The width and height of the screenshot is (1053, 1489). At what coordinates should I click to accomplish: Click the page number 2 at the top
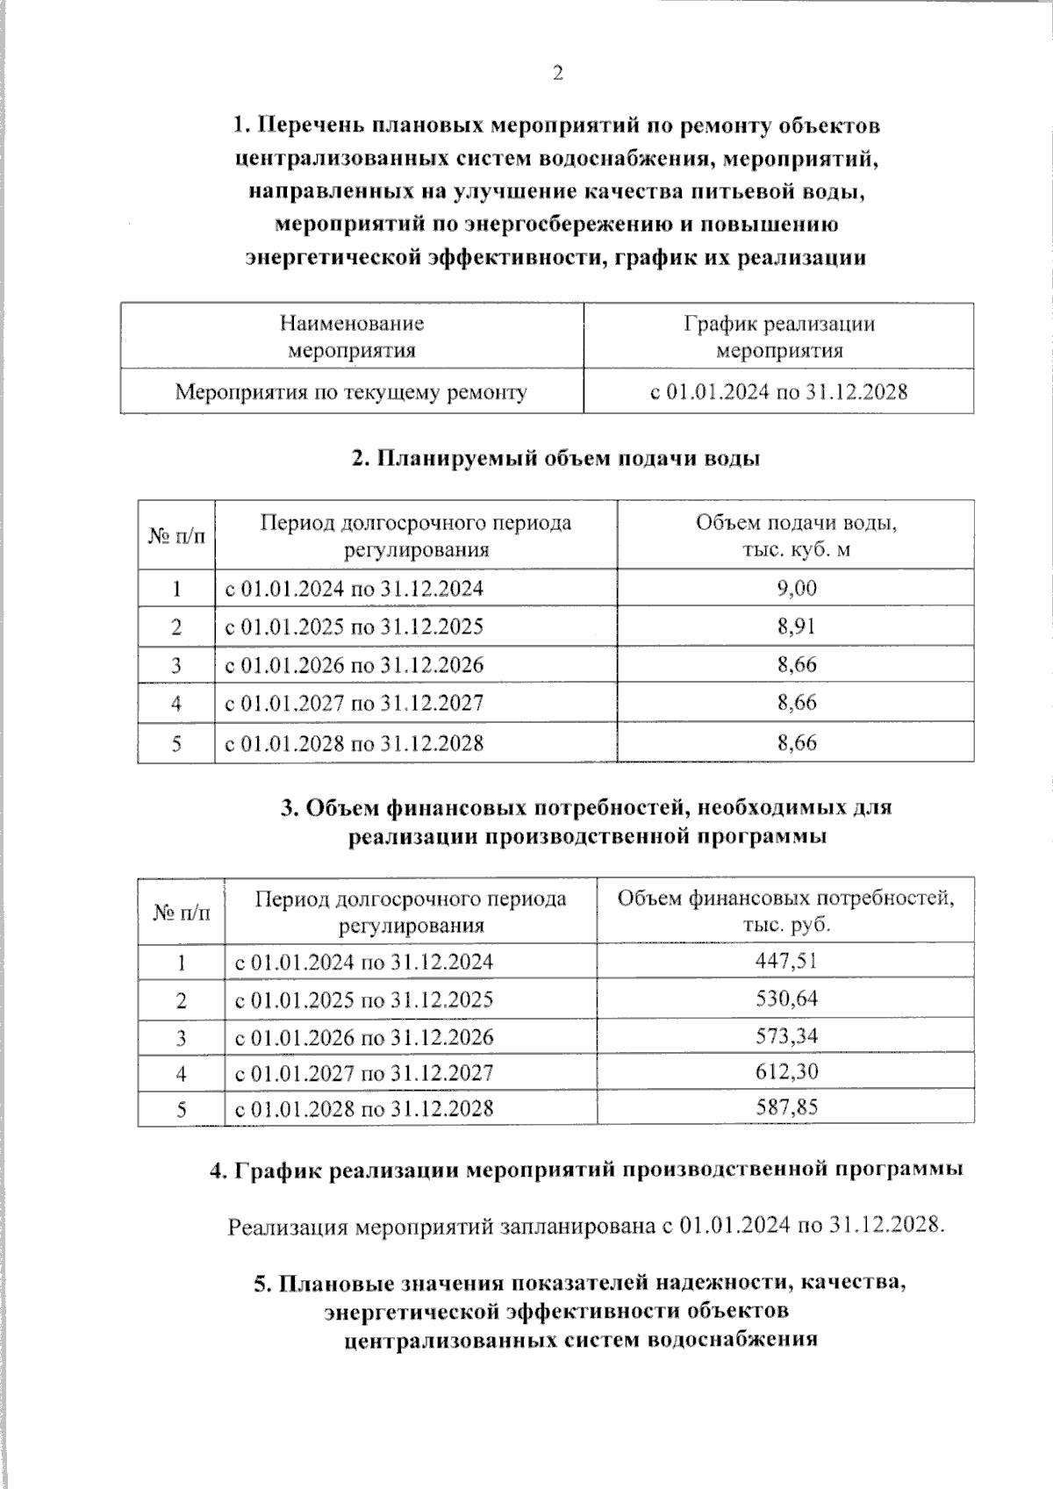click(x=557, y=74)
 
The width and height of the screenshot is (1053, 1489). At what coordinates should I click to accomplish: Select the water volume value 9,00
click(x=796, y=588)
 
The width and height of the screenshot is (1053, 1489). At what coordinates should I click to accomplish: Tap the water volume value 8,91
click(x=796, y=626)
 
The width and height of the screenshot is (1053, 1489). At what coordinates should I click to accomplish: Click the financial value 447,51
click(x=786, y=961)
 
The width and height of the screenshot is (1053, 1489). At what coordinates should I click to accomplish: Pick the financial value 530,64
click(x=786, y=999)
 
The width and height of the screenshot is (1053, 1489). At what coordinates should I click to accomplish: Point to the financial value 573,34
click(x=786, y=1036)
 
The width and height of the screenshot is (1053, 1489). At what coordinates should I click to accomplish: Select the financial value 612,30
click(x=786, y=1071)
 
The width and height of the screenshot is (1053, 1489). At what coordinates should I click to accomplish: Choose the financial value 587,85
click(x=786, y=1107)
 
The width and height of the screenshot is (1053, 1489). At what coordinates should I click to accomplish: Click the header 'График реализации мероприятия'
click(x=779, y=337)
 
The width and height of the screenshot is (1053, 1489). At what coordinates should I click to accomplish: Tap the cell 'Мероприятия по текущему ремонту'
click(x=351, y=392)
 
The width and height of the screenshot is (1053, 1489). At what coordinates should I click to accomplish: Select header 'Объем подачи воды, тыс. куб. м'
click(x=796, y=536)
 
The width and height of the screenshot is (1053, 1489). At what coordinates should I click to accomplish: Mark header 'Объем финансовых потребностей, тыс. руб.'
click(x=786, y=911)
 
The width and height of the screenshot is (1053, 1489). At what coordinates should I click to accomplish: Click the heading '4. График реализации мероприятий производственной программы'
click(x=586, y=1170)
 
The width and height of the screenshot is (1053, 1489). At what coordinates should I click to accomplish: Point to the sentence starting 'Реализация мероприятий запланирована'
click(x=586, y=1225)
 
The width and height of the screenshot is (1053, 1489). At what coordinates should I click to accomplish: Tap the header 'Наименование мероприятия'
click(x=351, y=337)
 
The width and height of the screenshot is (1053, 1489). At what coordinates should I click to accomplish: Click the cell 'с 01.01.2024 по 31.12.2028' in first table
click(x=779, y=392)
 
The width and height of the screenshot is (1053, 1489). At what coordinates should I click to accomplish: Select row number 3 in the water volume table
click(x=176, y=665)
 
